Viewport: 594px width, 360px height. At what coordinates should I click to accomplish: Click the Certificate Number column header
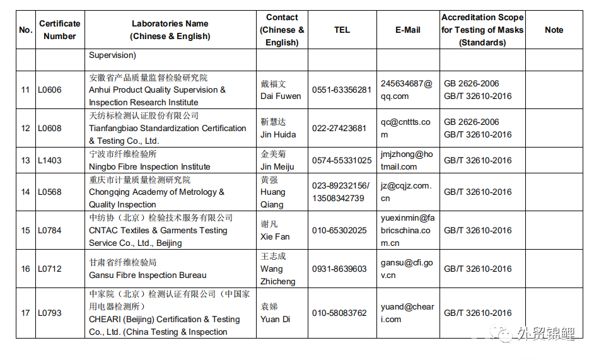tap(60, 30)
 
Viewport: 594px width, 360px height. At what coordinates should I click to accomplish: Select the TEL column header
tap(342, 30)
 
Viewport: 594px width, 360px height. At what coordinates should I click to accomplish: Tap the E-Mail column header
tap(407, 30)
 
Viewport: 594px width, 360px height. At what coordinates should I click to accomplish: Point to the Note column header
tap(554, 30)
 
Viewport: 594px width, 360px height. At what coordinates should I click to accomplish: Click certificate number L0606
tap(50, 90)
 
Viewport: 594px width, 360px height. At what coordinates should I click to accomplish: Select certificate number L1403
tap(50, 160)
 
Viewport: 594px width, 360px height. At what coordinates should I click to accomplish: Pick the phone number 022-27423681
tap(339, 128)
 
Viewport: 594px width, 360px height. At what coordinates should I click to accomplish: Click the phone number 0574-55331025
tap(342, 160)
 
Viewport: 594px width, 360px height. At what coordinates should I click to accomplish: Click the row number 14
tap(25, 192)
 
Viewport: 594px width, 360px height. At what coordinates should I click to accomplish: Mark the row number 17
tap(25, 313)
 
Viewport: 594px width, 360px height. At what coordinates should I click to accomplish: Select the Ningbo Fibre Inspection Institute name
tap(149, 166)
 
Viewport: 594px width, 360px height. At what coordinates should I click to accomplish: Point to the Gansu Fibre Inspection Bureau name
tap(148, 275)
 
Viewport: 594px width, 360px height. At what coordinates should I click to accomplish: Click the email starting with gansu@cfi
tap(407, 269)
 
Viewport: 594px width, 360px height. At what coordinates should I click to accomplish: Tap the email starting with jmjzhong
tap(407, 160)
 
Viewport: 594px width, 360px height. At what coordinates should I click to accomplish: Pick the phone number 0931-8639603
tap(339, 269)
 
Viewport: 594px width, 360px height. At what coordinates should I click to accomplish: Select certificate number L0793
tap(50, 313)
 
